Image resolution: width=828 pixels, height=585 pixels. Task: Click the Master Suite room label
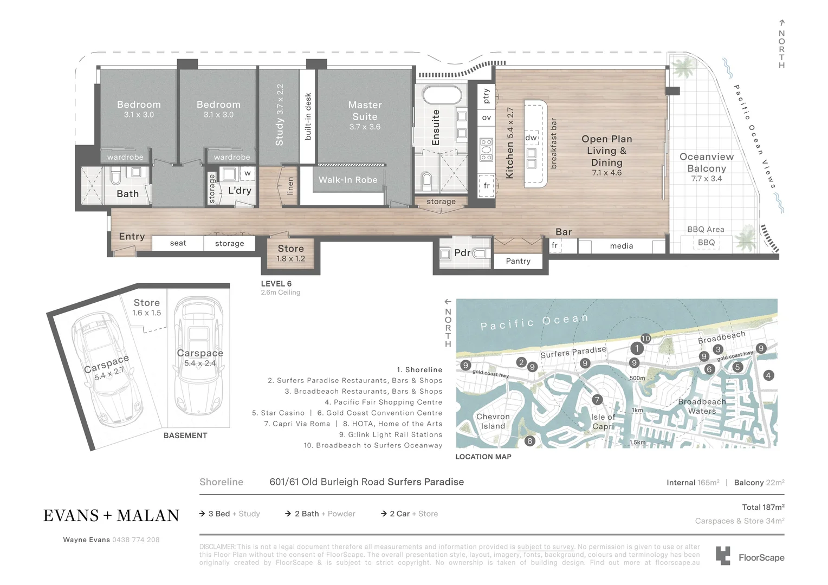pyautogui.click(x=365, y=111)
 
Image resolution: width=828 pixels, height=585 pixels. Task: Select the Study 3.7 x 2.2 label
pyautogui.click(x=280, y=115)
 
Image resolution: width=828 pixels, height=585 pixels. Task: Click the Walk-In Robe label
pyautogui.click(x=348, y=180)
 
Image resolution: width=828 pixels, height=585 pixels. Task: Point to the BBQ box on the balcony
pyautogui.click(x=706, y=243)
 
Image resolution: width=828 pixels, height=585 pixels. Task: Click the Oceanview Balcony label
pyautogui.click(x=706, y=162)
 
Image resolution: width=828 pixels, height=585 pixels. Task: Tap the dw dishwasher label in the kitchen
pyautogui.click(x=531, y=138)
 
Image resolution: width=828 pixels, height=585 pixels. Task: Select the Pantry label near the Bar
pyautogui.click(x=518, y=261)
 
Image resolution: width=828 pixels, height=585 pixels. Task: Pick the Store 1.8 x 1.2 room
pyautogui.click(x=291, y=253)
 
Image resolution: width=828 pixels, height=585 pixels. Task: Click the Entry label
pyautogui.click(x=132, y=237)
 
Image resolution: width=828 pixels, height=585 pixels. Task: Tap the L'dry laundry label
pyautogui.click(x=240, y=191)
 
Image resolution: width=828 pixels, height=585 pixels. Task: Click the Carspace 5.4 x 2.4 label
pyautogui.click(x=200, y=357)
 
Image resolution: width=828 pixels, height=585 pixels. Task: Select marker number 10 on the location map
pyautogui.click(x=645, y=339)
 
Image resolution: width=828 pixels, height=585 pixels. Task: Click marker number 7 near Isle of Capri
pyautogui.click(x=597, y=400)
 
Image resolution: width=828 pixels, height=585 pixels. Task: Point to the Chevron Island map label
pyautogui.click(x=493, y=421)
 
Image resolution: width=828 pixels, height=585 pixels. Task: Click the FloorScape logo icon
pyautogui.click(x=723, y=556)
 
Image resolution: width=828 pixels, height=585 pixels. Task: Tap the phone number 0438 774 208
pyautogui.click(x=135, y=540)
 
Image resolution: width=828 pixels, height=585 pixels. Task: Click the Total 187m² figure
pyautogui.click(x=763, y=508)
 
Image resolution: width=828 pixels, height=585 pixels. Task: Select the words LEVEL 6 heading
pyautogui.click(x=276, y=284)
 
